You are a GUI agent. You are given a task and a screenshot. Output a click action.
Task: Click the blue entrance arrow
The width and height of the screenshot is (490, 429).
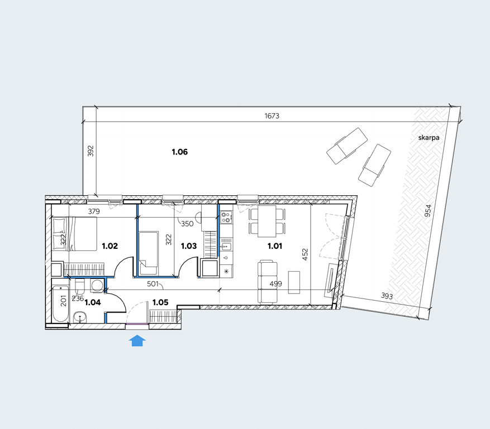pos(137,341)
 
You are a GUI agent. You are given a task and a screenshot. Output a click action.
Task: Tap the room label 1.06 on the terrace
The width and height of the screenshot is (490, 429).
pos(180,152)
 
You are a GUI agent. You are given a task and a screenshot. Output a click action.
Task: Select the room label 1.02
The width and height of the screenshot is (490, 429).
pos(110,246)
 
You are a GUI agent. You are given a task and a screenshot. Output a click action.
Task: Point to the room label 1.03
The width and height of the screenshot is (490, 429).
pos(189,246)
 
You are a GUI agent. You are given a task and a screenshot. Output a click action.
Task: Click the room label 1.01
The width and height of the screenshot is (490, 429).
pos(275,246)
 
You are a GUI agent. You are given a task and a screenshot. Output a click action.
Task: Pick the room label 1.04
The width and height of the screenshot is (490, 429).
pos(93,302)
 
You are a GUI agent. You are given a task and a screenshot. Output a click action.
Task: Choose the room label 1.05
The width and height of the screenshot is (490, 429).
pos(160,302)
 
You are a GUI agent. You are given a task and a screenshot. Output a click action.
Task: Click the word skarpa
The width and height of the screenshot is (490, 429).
pos(429,138)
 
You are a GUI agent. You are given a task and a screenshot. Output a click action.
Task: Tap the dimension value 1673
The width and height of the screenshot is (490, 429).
pos(272,115)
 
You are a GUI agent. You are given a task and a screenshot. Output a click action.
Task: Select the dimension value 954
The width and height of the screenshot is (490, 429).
pos(428,211)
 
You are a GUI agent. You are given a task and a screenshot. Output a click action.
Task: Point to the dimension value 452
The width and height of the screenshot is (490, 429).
pos(305,254)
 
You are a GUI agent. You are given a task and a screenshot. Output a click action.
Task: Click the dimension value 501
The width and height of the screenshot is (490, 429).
pos(153,284)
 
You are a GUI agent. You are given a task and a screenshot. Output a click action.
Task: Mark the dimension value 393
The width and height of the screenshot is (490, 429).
pos(387,296)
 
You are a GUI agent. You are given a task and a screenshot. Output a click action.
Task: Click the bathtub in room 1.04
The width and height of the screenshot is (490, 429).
pos(61,303)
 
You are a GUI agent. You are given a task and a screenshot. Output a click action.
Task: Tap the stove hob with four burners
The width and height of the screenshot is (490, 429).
pos(226,217)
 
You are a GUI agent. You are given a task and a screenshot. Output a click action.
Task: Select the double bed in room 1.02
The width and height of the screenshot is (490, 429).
pos(74,234)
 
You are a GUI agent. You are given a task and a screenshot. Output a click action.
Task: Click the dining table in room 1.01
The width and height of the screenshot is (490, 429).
pos(267,221)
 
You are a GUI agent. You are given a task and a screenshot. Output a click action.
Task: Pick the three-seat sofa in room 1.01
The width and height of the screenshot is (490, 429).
pos(268,283)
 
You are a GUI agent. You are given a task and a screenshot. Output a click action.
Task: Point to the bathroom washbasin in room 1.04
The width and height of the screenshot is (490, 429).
pos(80,318)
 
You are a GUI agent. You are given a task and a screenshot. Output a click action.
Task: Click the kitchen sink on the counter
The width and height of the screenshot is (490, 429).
pos(226,247)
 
